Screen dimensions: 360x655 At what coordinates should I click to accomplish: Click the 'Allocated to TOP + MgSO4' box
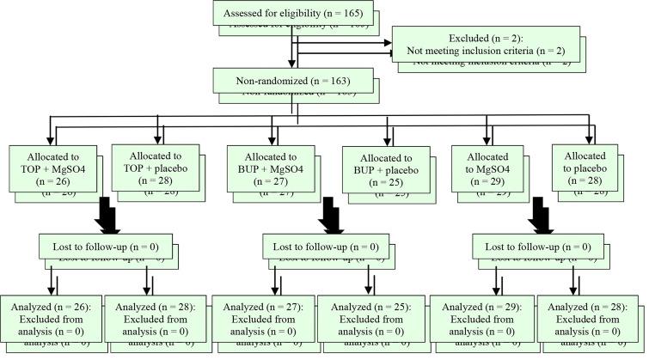52,170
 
